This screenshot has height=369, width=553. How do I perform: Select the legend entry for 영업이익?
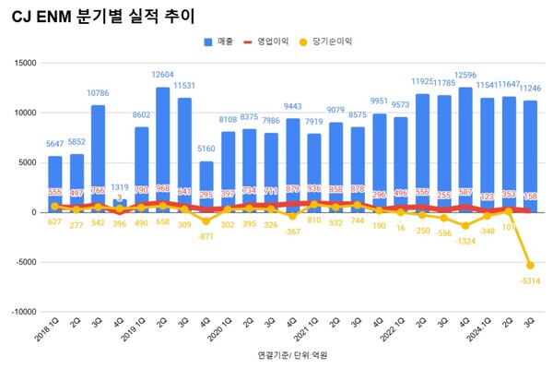[x=276, y=42]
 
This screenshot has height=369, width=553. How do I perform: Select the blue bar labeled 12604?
[x=163, y=148]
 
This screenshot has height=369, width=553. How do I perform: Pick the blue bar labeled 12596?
[x=465, y=148]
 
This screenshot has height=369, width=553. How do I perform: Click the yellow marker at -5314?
[x=530, y=265]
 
